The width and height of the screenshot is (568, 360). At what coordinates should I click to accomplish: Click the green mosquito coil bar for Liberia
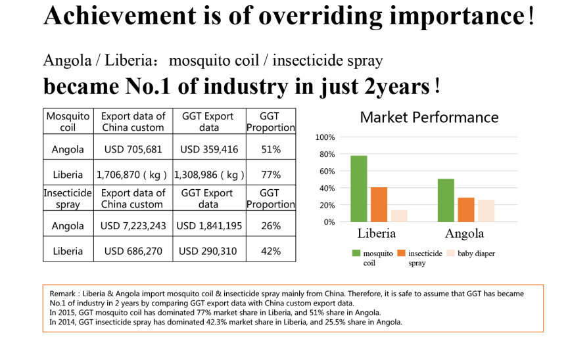point(358,189)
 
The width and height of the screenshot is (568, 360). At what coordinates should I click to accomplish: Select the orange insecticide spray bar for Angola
point(466,210)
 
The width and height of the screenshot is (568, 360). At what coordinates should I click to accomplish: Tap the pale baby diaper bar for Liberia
point(399,215)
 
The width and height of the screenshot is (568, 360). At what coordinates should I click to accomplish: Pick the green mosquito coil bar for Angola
point(446,200)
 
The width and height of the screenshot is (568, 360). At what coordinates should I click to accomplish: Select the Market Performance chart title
point(429,118)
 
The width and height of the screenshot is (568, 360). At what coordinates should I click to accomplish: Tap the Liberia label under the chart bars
point(377,234)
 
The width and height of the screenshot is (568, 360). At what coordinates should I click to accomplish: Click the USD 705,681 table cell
point(133,149)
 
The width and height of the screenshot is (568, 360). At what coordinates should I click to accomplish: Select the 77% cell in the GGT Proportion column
point(271,175)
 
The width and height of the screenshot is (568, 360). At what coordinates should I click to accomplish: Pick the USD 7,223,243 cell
point(133,225)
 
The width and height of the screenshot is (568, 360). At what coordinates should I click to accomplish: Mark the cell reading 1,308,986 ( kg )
point(208,175)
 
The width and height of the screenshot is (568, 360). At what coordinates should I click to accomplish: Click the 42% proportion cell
point(271,251)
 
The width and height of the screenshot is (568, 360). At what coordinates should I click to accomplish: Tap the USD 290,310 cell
point(208,251)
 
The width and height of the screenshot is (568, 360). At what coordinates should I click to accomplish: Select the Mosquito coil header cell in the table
point(68,122)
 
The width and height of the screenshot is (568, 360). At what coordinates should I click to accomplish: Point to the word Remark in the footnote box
point(62,294)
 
